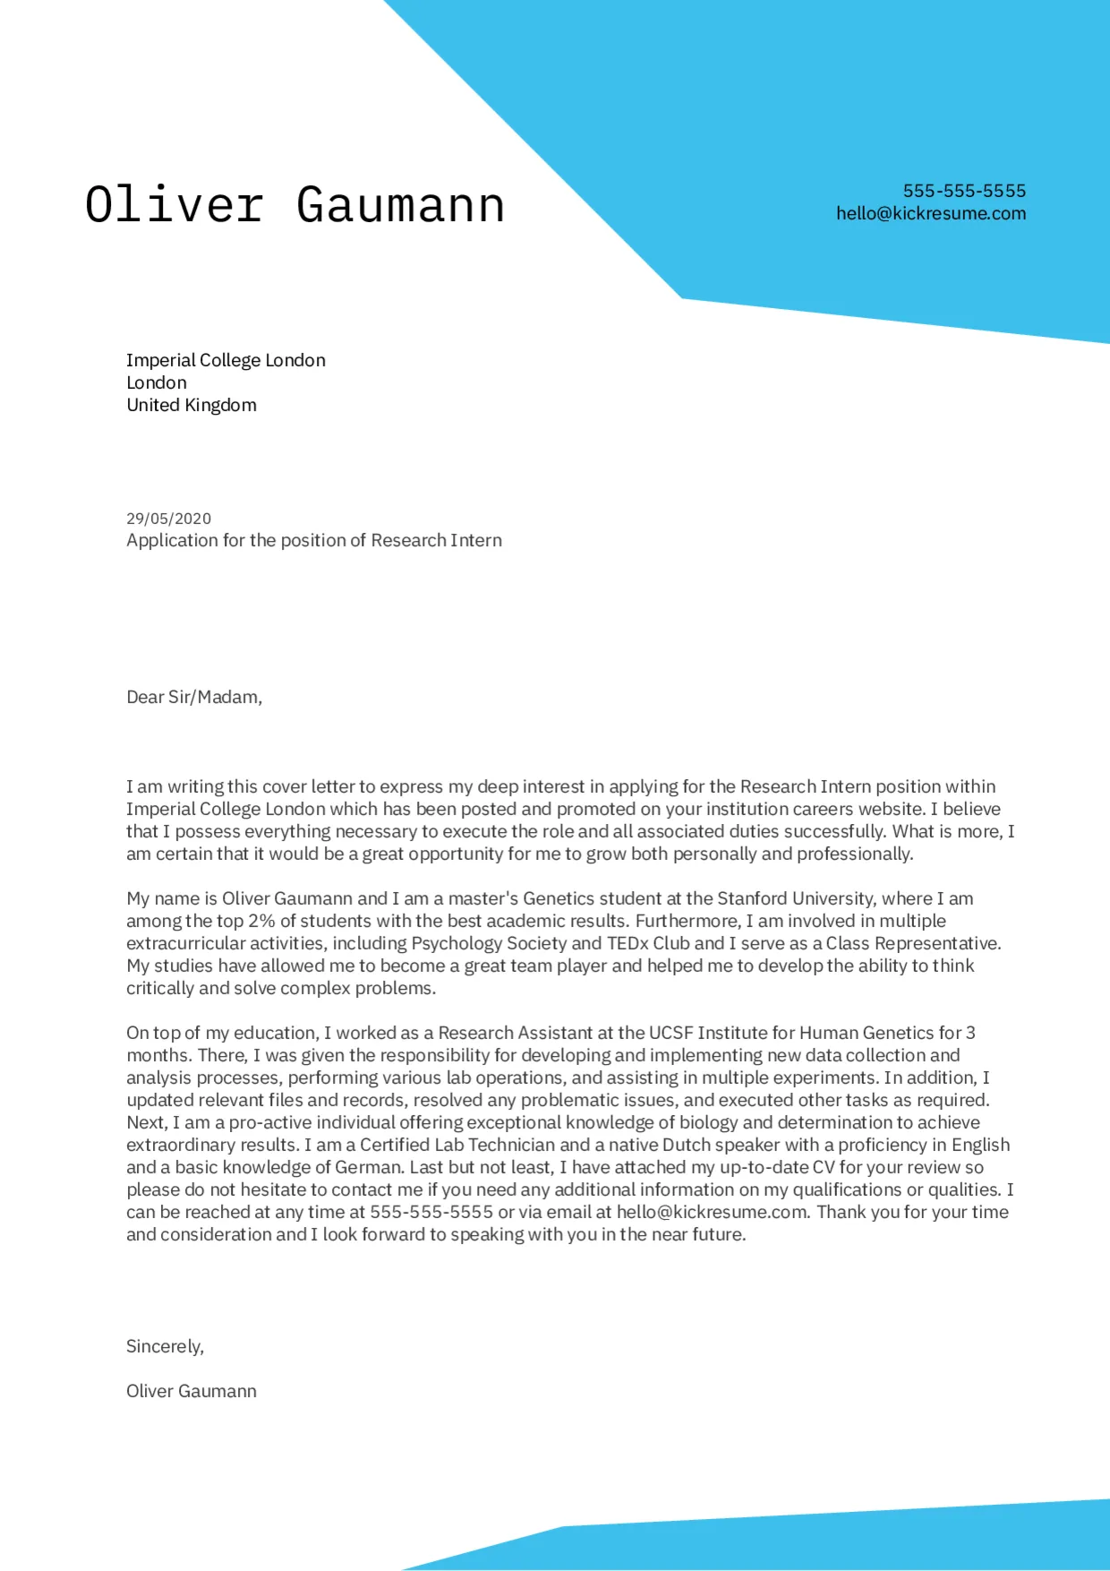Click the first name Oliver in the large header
click(174, 205)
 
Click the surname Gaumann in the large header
click(400, 205)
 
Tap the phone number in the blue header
click(964, 191)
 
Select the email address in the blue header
click(931, 213)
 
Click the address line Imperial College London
click(226, 360)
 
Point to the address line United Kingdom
click(192, 405)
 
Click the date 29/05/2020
click(168, 519)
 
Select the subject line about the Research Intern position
click(313, 540)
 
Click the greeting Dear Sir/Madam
click(194, 697)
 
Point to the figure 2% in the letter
click(261, 921)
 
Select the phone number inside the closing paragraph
click(431, 1212)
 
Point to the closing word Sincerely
click(165, 1346)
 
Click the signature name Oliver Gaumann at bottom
click(192, 1391)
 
